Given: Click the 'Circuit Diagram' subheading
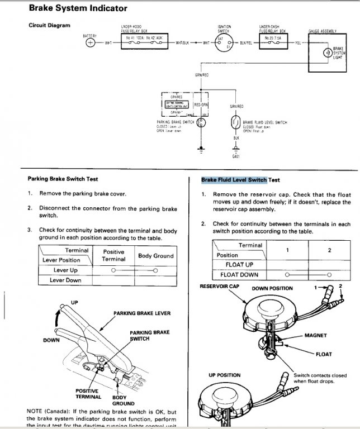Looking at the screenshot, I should [49, 25].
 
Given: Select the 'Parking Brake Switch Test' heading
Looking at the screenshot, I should [63, 179].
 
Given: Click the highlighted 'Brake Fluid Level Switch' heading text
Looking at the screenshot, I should [234, 180].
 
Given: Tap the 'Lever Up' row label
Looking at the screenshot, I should [65, 270].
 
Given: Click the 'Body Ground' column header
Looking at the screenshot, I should [155, 256].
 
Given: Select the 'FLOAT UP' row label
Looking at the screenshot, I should [239, 264].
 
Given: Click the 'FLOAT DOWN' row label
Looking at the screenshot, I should [239, 275].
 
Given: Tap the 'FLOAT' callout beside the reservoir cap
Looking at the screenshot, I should [324, 354].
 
